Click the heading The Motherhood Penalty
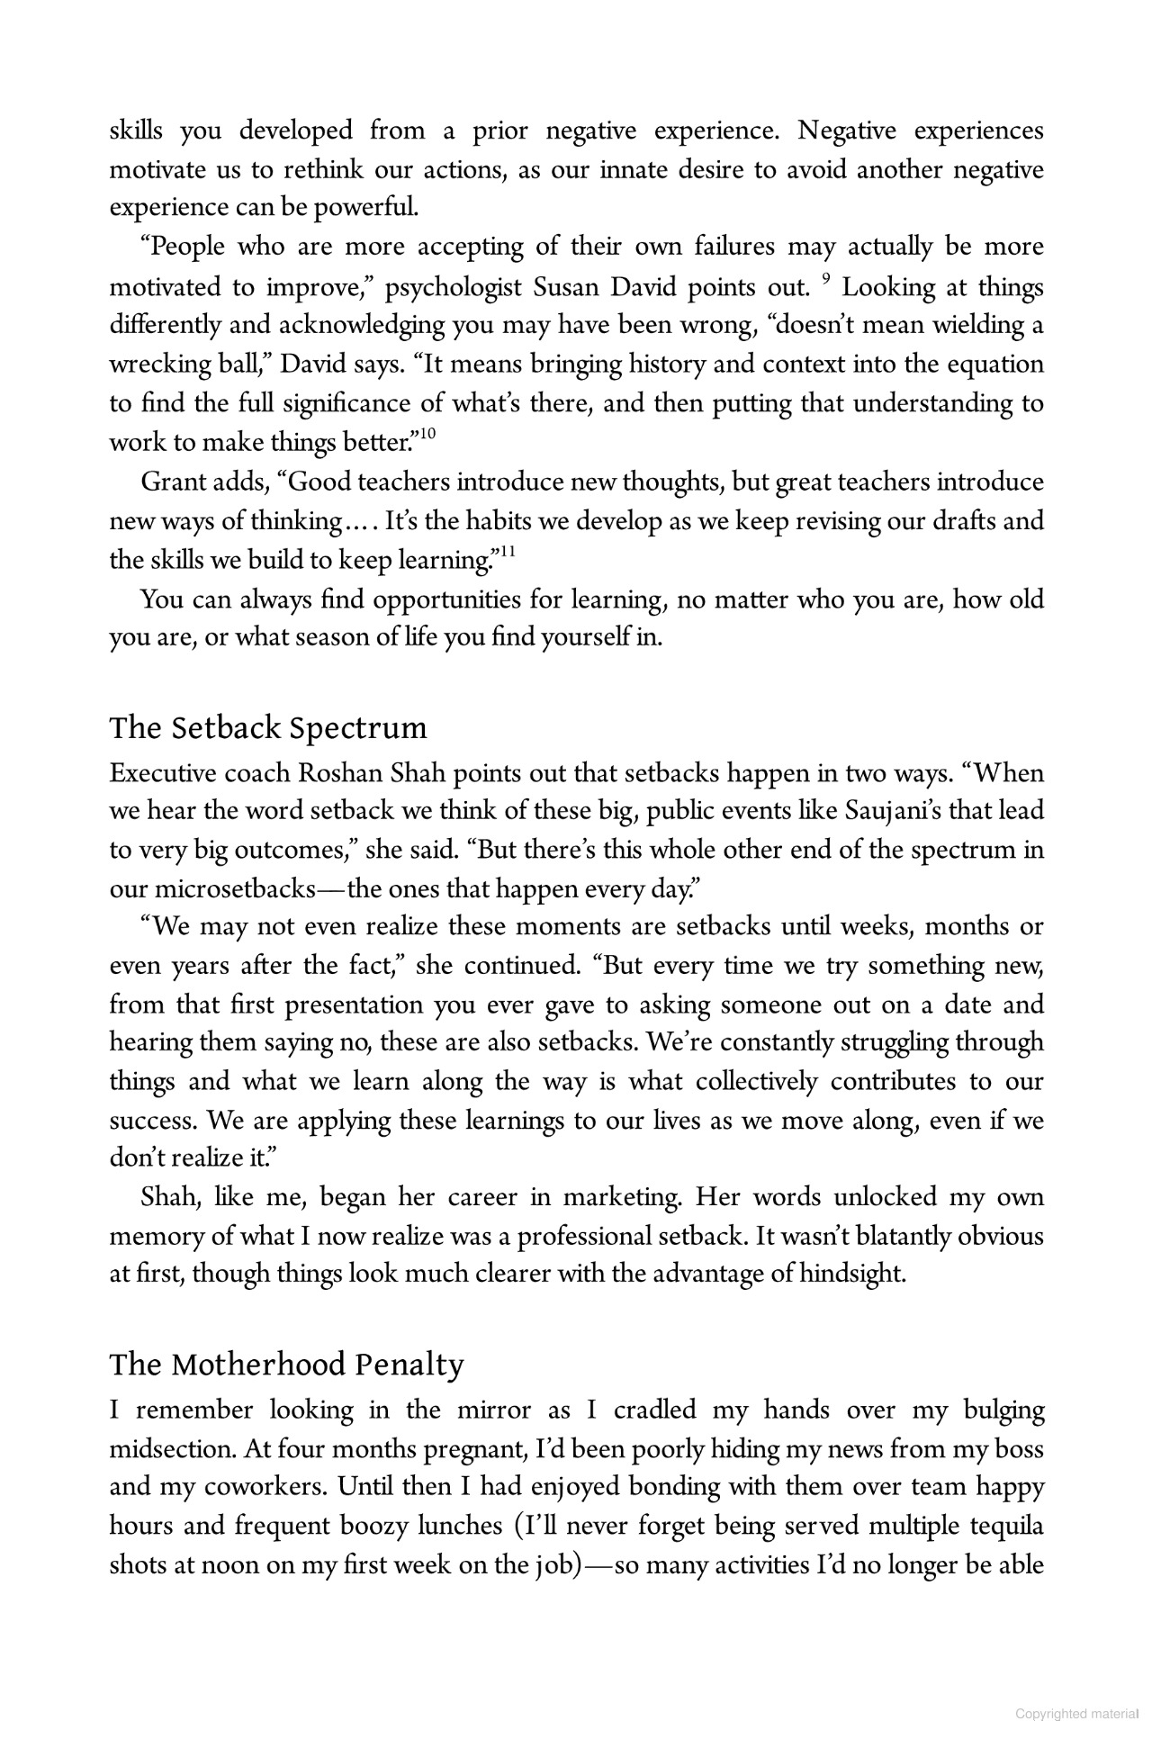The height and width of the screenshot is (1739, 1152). tap(286, 1365)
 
